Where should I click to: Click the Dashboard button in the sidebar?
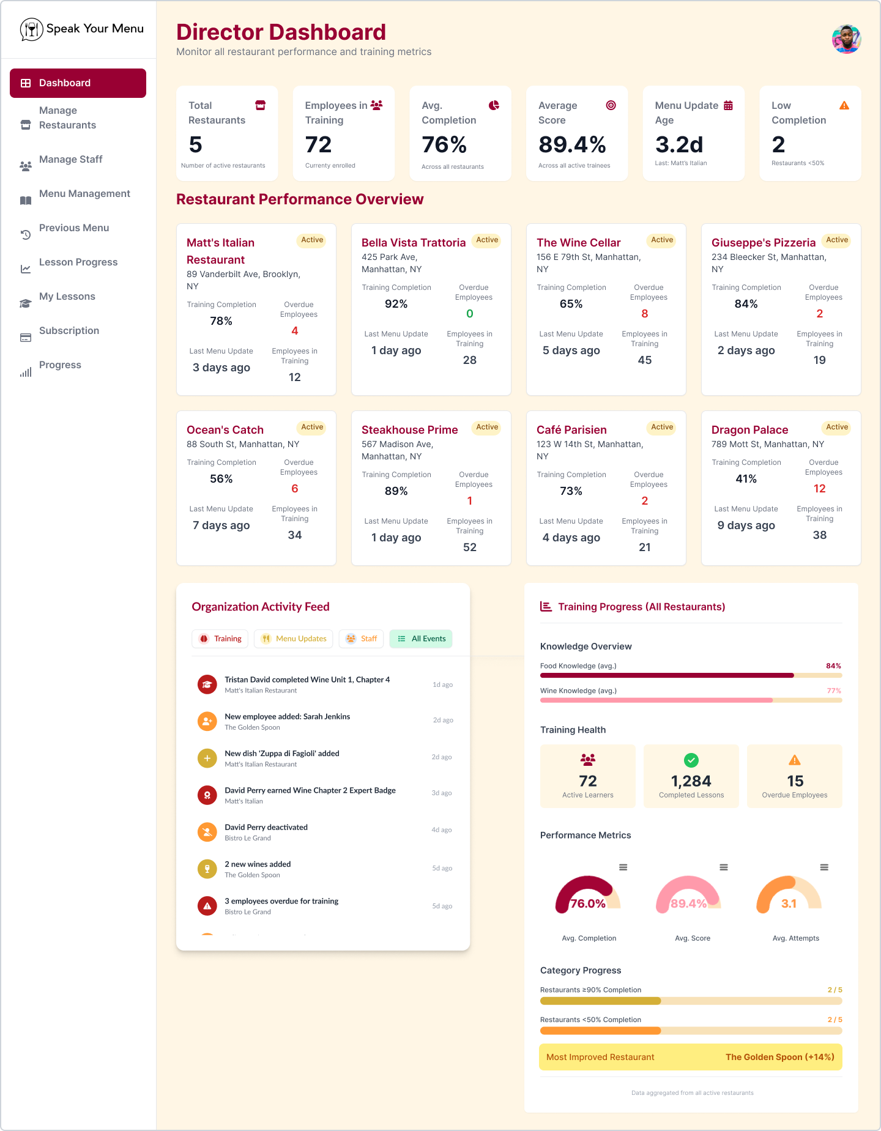click(x=78, y=83)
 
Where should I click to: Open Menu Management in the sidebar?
click(x=84, y=194)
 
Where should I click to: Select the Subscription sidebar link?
click(x=69, y=331)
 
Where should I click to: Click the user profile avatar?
click(x=846, y=39)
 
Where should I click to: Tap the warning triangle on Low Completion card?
click(x=844, y=106)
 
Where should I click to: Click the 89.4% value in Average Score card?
click(x=572, y=145)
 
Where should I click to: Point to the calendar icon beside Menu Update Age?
click(x=728, y=106)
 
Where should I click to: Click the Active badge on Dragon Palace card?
click(x=836, y=427)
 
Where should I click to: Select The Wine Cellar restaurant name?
click(x=578, y=243)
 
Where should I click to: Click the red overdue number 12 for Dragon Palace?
click(x=819, y=489)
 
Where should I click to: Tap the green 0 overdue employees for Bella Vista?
click(x=469, y=314)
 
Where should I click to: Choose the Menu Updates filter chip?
click(x=294, y=639)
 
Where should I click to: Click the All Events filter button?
click(x=421, y=639)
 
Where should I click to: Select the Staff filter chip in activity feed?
click(x=362, y=639)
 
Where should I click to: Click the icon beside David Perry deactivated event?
click(x=207, y=832)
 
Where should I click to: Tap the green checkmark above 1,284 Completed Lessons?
click(x=691, y=760)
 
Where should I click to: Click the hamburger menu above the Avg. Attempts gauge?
click(x=824, y=867)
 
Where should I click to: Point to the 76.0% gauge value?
click(x=587, y=903)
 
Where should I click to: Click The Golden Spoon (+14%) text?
click(x=779, y=1057)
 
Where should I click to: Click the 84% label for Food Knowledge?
click(x=833, y=666)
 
